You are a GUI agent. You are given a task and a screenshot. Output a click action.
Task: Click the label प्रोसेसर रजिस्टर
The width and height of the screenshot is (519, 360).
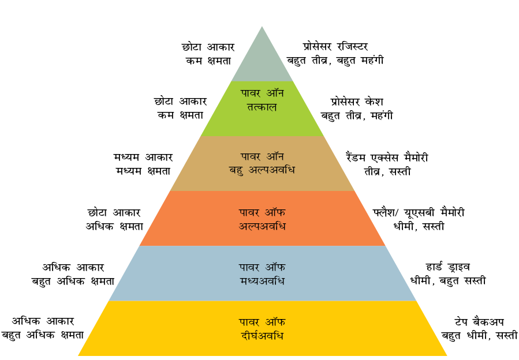coord(335,47)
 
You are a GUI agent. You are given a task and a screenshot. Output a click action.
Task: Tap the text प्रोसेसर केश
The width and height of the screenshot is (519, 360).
coord(356,102)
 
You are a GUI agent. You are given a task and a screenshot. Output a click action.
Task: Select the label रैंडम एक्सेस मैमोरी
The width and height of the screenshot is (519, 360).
coord(387,157)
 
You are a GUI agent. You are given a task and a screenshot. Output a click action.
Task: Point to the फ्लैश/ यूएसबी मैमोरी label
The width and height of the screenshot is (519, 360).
coord(419,212)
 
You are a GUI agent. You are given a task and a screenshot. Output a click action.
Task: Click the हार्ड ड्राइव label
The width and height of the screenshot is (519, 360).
coord(447,267)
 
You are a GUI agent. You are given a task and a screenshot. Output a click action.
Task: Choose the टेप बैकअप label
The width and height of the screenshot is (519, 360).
coord(479,321)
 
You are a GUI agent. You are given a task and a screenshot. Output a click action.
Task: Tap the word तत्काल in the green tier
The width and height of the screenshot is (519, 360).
coord(262,107)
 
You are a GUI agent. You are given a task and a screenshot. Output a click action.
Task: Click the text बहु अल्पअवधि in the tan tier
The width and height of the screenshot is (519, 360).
coord(262,170)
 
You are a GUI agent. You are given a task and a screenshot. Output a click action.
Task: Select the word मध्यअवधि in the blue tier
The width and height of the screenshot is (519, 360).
coord(262,281)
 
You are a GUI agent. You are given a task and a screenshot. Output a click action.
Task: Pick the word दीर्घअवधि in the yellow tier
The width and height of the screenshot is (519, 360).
coord(262,336)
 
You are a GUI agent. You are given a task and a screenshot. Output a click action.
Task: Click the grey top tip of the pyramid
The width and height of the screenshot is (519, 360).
coord(262,27)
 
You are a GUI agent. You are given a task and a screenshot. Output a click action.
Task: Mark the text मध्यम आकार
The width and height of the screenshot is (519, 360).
coord(143,157)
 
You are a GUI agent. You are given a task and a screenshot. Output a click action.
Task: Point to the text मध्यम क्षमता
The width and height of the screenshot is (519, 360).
coord(143,171)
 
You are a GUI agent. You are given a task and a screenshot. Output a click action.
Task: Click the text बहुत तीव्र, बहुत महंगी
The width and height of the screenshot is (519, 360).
coord(335,61)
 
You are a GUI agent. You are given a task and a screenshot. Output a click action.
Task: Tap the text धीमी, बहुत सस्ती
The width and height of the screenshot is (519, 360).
coord(448,281)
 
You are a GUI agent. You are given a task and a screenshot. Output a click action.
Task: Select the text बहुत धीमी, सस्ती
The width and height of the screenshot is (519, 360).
coord(479,336)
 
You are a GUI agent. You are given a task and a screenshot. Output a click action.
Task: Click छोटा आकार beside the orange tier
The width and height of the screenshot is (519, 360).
coord(114,212)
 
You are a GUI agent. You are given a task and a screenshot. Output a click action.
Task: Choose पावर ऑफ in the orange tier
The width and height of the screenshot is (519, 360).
coord(262,212)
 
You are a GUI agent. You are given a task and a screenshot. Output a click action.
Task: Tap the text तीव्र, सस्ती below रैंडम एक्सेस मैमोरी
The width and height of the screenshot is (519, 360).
coord(387,171)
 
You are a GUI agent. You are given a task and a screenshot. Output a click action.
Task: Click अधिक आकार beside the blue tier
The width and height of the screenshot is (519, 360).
coord(73,267)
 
